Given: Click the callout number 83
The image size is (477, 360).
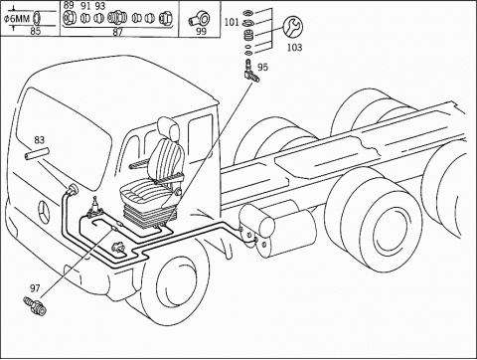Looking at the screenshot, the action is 39,140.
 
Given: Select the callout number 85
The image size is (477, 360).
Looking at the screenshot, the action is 36,31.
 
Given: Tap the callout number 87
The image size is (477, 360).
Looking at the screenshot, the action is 117,32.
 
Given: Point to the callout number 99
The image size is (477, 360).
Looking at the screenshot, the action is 201,31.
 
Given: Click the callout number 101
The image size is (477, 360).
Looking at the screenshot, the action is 232,22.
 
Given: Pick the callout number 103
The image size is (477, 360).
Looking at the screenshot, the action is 294,48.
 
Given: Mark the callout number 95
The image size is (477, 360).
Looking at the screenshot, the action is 262,68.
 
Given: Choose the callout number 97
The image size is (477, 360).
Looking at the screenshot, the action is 35,288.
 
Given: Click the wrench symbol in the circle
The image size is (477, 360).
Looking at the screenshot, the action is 293,28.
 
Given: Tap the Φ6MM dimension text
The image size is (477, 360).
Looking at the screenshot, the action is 17,19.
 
